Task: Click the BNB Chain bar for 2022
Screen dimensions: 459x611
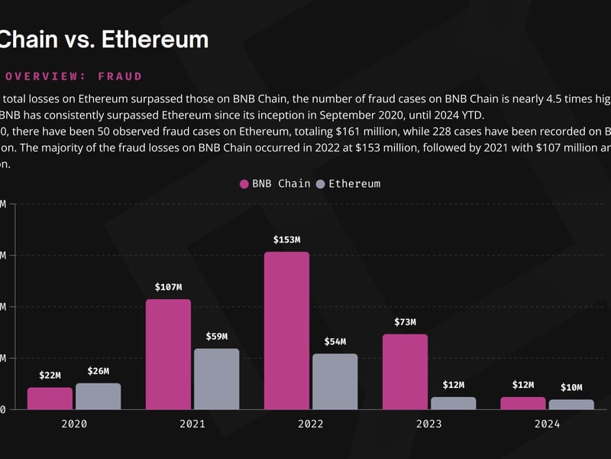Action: tap(287, 330)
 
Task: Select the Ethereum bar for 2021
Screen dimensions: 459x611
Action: tap(216, 379)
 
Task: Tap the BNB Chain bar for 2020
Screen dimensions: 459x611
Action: tap(50, 398)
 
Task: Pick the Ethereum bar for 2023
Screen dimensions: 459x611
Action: tap(453, 402)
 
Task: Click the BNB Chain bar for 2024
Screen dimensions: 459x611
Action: tap(523, 402)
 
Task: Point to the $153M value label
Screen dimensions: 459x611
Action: tap(287, 240)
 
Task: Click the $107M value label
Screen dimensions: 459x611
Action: tap(168, 288)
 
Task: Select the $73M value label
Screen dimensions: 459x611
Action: tap(406, 322)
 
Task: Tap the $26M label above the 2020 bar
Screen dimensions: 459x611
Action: tap(98, 372)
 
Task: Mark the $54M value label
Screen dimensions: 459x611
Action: tap(335, 342)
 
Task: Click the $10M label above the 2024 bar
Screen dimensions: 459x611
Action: tap(571, 388)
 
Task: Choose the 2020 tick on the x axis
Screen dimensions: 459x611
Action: tap(74, 424)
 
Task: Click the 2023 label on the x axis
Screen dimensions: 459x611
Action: tap(429, 424)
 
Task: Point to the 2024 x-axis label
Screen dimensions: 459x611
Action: tap(548, 424)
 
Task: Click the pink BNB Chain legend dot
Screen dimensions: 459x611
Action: tap(244, 184)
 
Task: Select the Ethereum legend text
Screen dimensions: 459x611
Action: tap(354, 184)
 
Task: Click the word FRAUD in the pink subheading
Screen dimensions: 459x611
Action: tap(120, 76)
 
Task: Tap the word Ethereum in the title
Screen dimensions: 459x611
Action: tap(154, 39)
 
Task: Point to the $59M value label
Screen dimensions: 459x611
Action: tap(216, 337)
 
